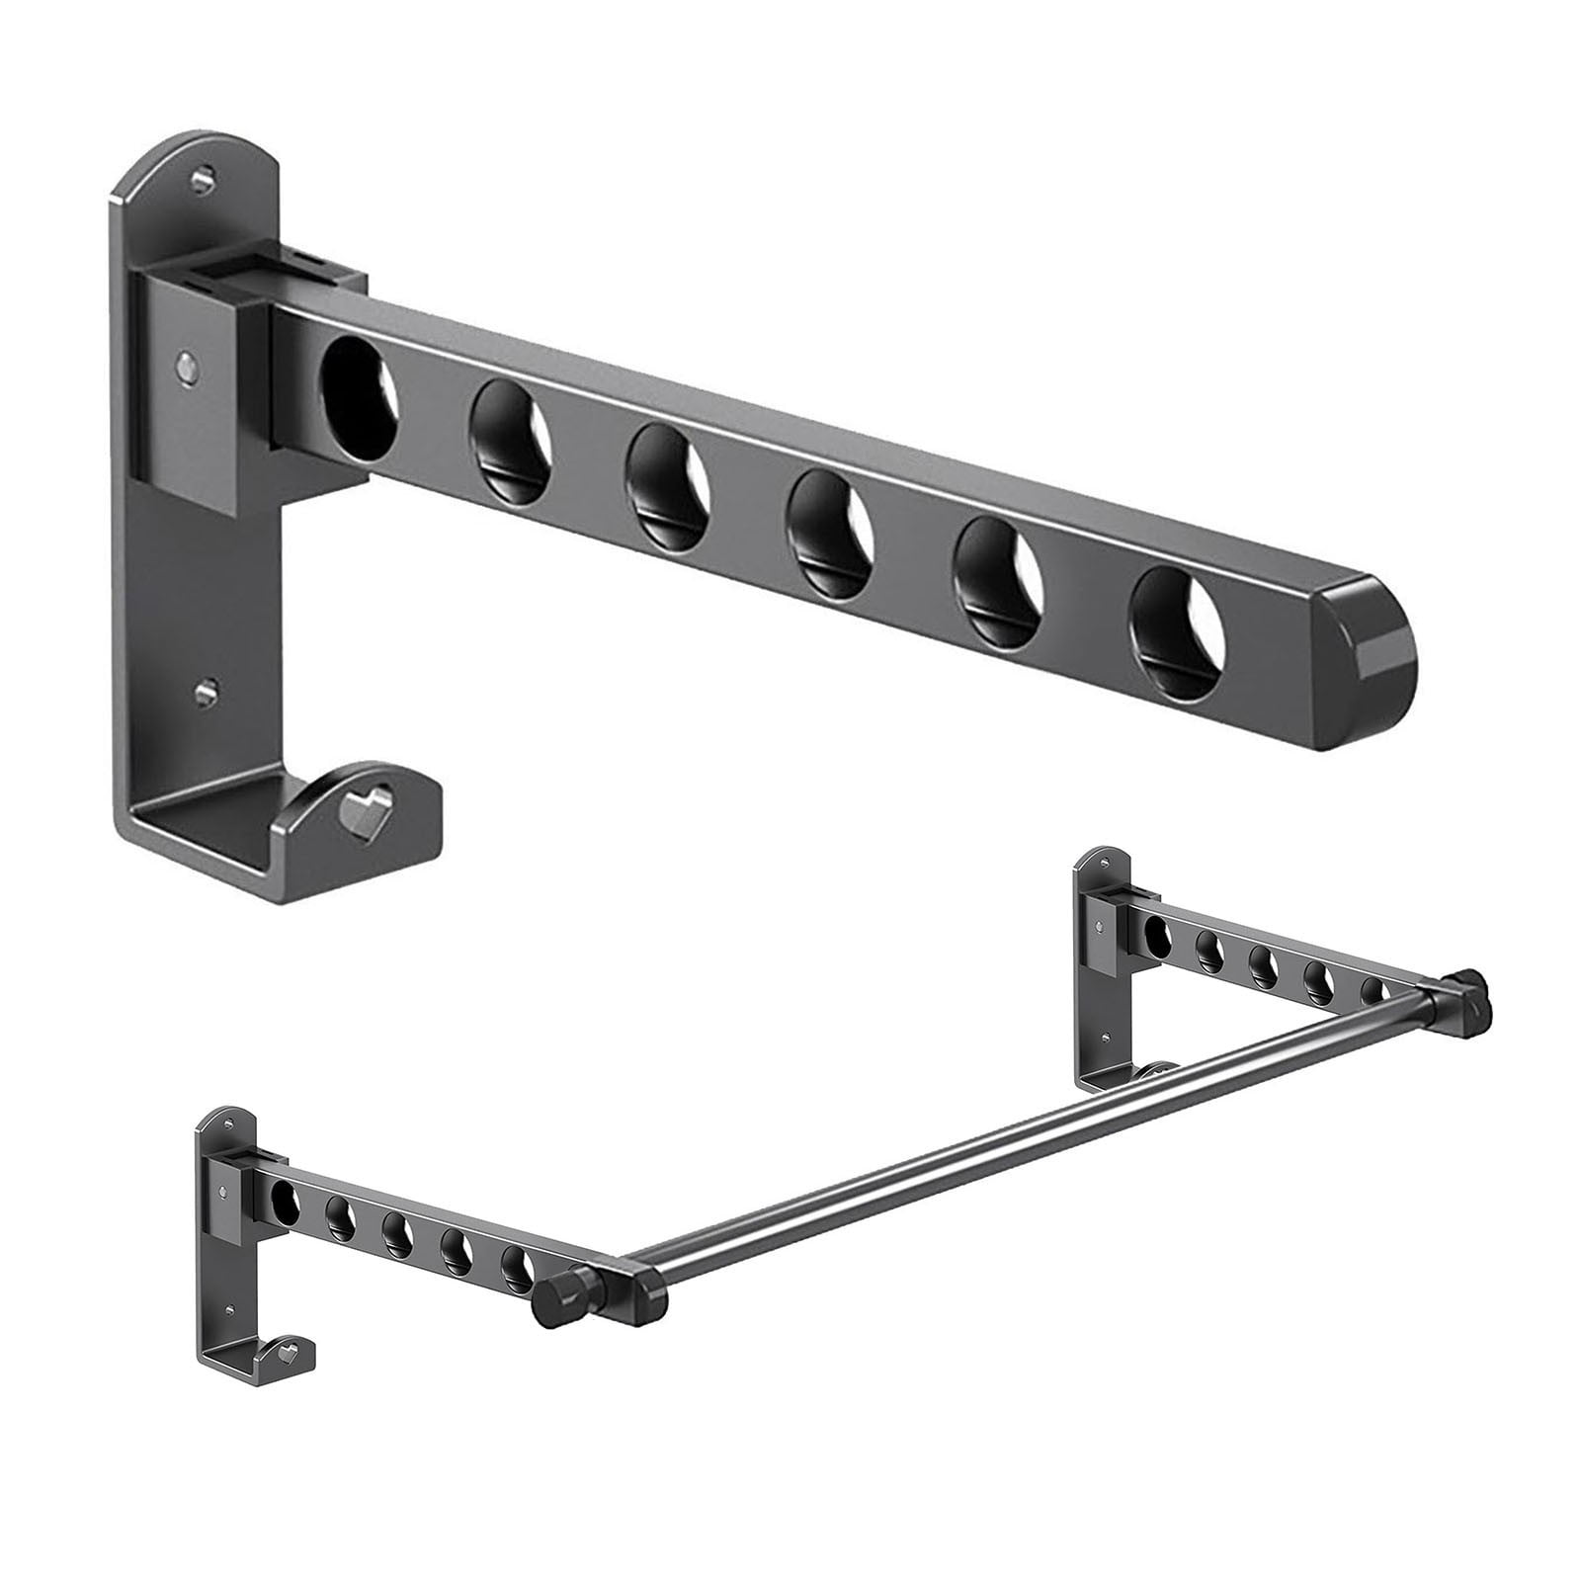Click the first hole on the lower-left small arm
(285, 1199)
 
